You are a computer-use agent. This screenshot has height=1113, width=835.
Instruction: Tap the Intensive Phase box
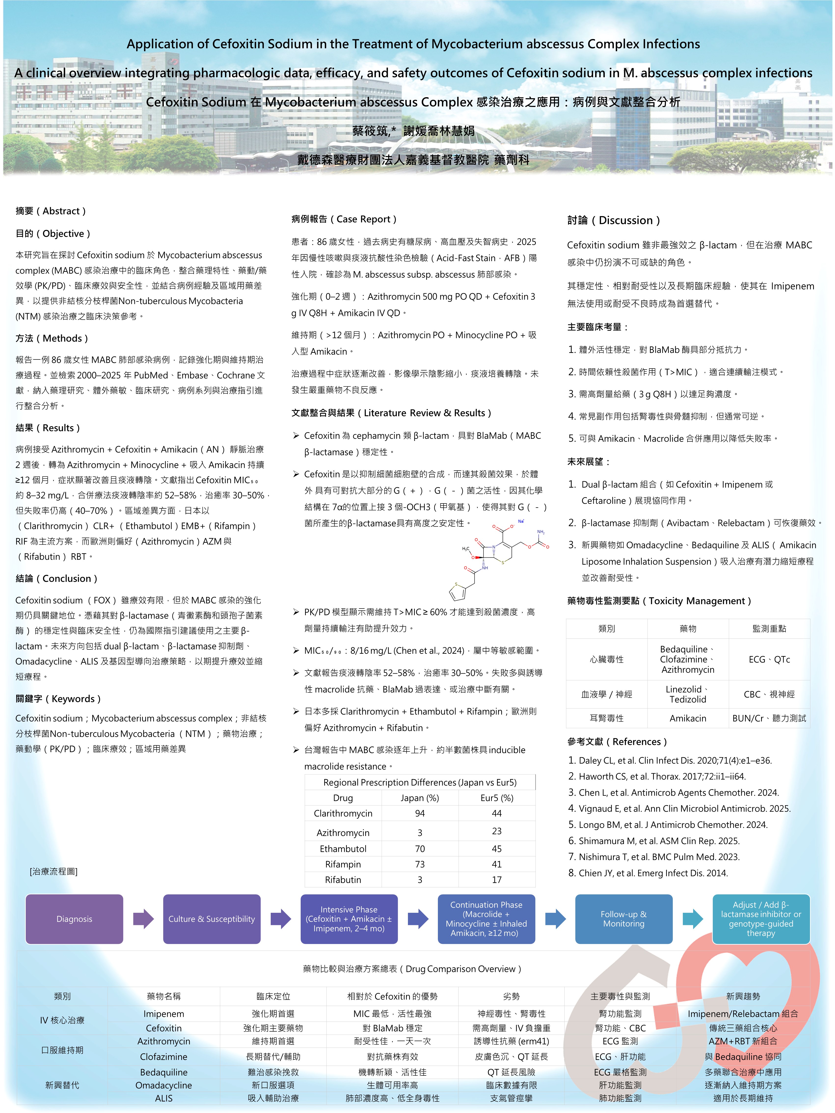349,919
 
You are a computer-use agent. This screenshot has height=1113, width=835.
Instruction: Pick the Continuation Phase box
486,919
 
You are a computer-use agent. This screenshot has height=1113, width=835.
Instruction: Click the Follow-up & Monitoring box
624,919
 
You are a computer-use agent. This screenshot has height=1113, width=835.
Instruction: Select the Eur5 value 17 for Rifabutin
497,880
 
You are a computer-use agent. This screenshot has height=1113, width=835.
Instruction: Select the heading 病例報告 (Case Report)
344,219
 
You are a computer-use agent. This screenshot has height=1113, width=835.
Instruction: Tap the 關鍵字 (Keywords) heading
58,699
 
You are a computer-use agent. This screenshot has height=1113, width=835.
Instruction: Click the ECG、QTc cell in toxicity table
769,659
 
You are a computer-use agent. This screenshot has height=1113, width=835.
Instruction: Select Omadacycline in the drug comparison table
163,1085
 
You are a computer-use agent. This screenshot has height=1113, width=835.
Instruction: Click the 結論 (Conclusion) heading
56,579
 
